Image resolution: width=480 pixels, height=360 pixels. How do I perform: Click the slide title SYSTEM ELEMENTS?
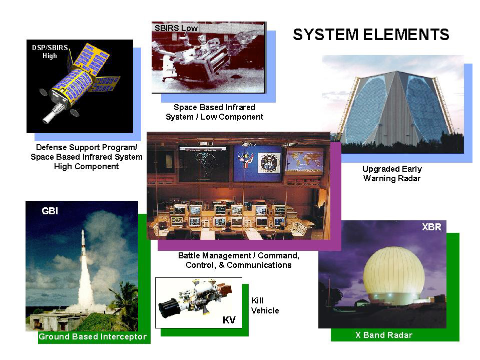point(371,35)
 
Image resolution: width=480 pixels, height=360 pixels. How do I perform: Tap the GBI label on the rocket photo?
point(50,211)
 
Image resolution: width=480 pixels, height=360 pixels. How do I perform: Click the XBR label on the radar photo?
point(431,227)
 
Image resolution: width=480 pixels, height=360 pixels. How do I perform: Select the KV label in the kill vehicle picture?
point(229,320)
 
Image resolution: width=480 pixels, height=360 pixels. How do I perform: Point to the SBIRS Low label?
point(176,28)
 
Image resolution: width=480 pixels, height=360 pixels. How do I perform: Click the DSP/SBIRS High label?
point(50,52)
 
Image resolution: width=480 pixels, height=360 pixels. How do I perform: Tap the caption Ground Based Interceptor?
point(93,336)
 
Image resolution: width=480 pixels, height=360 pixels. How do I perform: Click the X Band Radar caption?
point(384,335)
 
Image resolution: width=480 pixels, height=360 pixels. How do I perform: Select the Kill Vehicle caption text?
point(265,305)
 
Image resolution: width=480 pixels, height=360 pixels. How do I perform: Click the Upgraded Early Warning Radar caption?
point(392,174)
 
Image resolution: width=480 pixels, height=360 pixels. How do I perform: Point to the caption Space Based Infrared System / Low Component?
point(214,112)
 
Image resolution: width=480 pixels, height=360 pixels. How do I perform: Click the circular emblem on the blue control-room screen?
point(269,163)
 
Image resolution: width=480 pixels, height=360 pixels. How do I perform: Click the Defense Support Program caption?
point(86,157)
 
